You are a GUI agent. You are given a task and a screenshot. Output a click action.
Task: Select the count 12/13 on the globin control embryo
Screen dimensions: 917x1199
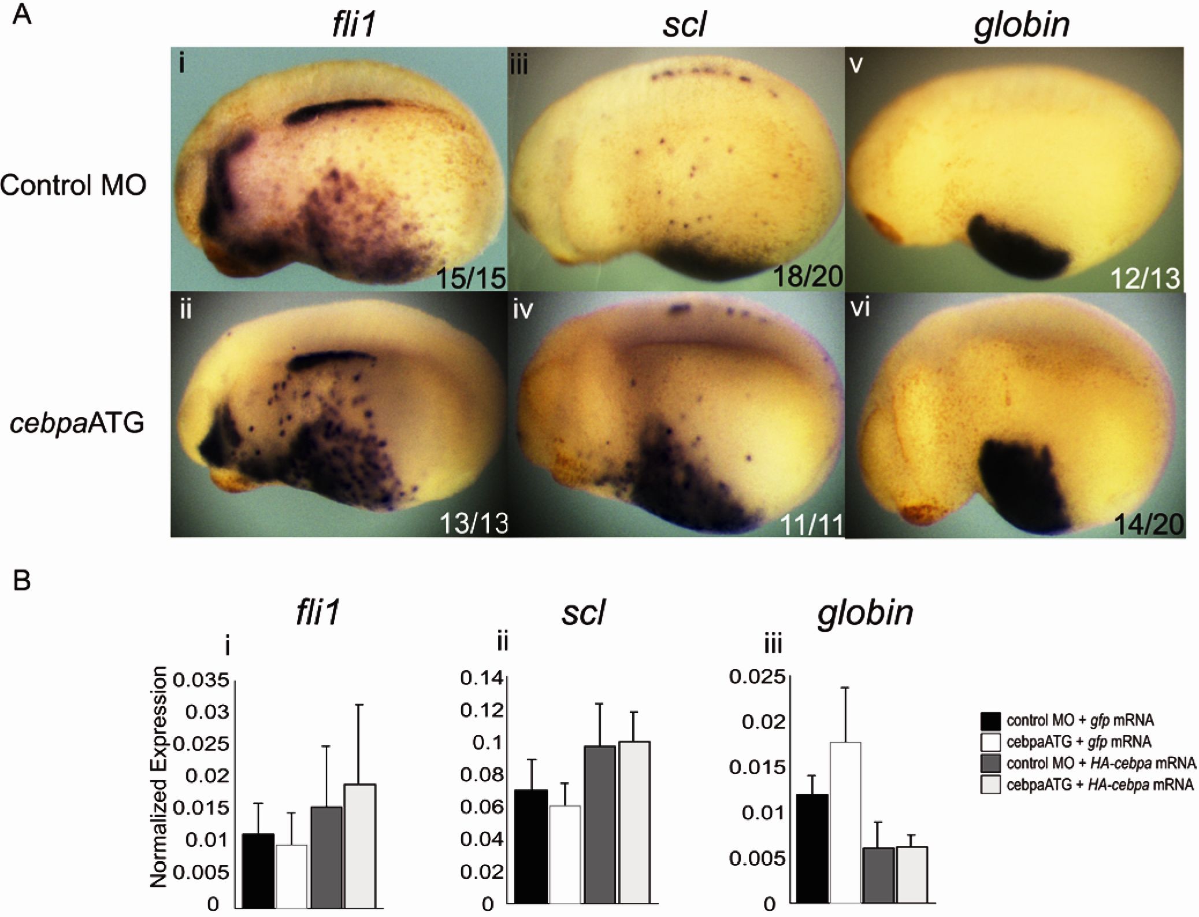click(1145, 279)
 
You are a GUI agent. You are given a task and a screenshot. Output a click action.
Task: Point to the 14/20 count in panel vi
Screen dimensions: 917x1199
click(1148, 524)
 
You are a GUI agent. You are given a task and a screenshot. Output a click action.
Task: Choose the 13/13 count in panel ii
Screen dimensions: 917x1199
click(473, 523)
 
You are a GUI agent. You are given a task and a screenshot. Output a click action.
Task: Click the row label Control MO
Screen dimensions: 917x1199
click(73, 185)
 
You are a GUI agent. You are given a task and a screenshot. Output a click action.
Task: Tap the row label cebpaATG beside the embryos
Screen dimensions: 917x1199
click(77, 423)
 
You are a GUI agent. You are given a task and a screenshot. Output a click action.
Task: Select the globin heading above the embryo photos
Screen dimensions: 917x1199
click(1022, 25)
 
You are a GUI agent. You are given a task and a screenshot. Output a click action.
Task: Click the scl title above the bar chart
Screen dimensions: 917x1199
click(582, 612)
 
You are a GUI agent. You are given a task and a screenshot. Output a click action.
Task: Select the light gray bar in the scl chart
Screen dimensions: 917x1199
click(634, 822)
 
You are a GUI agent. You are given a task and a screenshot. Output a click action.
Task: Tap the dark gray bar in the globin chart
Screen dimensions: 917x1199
click(878, 875)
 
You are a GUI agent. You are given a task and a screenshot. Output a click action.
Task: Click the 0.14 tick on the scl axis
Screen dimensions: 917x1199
click(481, 678)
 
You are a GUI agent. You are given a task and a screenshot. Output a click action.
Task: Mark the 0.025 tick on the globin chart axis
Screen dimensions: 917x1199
click(757, 676)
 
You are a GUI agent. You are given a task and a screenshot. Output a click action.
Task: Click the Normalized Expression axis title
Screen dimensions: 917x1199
click(158, 777)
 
